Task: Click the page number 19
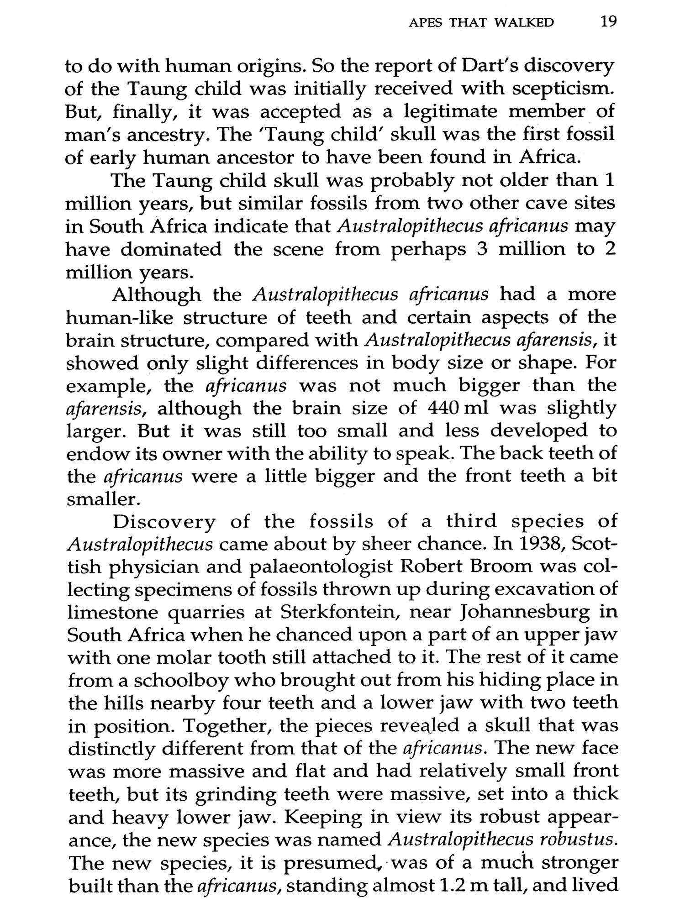click(609, 21)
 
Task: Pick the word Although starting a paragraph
click(157, 294)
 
